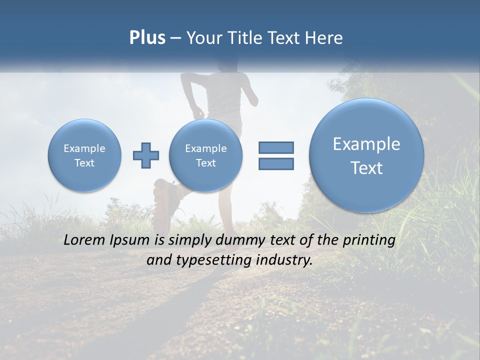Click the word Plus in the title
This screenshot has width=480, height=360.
(147, 38)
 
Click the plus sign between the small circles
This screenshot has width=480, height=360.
(146, 155)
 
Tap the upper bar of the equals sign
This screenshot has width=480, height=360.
(276, 147)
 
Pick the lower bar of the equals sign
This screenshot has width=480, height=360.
(276, 163)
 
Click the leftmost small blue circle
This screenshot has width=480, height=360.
(84, 155)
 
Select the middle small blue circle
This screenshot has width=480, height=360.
(205, 155)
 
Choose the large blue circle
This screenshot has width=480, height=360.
(366, 155)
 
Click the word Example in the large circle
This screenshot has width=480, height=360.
(366, 144)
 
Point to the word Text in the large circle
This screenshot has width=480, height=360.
(366, 168)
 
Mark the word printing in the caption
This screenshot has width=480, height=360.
(368, 240)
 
